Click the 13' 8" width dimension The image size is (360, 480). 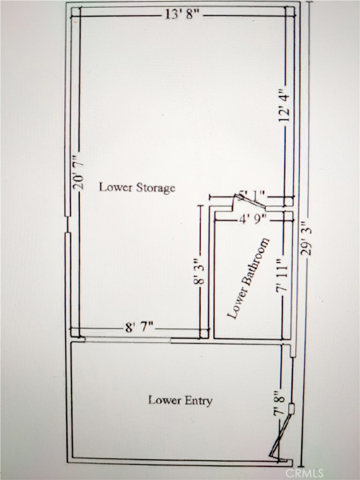[183, 15]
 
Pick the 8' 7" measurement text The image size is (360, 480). [139, 328]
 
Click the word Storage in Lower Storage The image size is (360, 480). [156, 188]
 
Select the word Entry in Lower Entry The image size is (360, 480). [199, 401]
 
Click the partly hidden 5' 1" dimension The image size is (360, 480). [253, 194]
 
